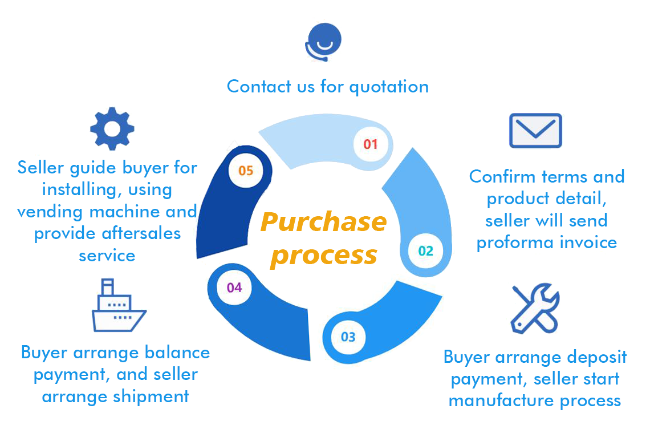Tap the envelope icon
click(535, 130)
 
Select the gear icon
click(112, 128)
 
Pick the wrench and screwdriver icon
click(535, 309)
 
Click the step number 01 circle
click(371, 144)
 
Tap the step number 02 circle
click(425, 250)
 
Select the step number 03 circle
click(348, 337)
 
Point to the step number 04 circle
click(234, 288)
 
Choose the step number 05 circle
click(246, 170)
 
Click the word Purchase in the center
click(324, 222)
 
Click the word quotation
click(389, 87)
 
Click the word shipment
click(151, 396)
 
